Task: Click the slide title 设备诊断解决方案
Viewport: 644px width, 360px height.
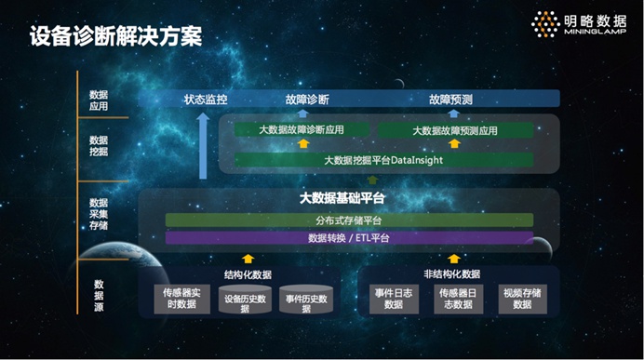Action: [115, 36]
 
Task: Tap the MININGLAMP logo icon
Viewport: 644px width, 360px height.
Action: [545, 25]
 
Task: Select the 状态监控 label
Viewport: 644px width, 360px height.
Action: [206, 100]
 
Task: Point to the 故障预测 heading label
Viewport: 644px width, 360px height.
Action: [451, 100]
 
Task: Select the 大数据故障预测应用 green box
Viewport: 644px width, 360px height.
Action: [454, 130]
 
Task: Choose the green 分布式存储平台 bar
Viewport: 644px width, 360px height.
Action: [349, 220]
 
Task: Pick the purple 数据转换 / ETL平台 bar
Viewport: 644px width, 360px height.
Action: [349, 238]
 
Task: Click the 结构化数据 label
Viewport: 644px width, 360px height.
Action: [248, 274]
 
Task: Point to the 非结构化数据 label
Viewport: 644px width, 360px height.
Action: [451, 274]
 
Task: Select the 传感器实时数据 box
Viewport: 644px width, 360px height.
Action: [181, 298]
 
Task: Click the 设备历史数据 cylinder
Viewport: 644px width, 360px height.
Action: [245, 302]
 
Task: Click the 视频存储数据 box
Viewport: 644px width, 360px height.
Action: [521, 298]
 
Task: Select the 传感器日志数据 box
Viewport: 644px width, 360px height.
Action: [458, 298]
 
